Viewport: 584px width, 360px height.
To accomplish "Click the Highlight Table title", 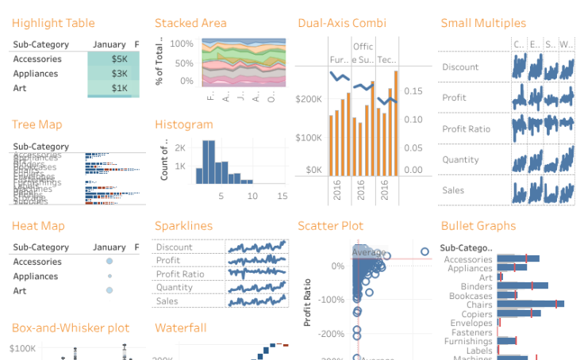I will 53,23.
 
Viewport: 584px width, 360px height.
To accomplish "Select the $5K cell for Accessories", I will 113,59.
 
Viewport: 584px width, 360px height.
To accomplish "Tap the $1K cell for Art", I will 113,88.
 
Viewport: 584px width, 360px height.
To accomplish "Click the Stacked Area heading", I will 190,23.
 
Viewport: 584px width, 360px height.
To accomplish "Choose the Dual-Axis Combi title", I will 342,23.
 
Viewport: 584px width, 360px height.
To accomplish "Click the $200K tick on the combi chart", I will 308,99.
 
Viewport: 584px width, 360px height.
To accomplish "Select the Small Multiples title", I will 483,23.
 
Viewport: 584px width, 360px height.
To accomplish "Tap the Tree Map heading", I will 36,124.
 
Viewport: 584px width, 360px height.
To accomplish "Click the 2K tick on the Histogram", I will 180,148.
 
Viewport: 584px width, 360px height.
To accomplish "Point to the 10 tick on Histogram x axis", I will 252,195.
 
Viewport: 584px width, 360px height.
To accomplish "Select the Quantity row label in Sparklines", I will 175,287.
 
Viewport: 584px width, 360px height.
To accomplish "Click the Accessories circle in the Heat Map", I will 109,261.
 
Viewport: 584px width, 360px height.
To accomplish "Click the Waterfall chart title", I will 180,327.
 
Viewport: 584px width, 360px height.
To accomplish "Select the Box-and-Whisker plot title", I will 71,327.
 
